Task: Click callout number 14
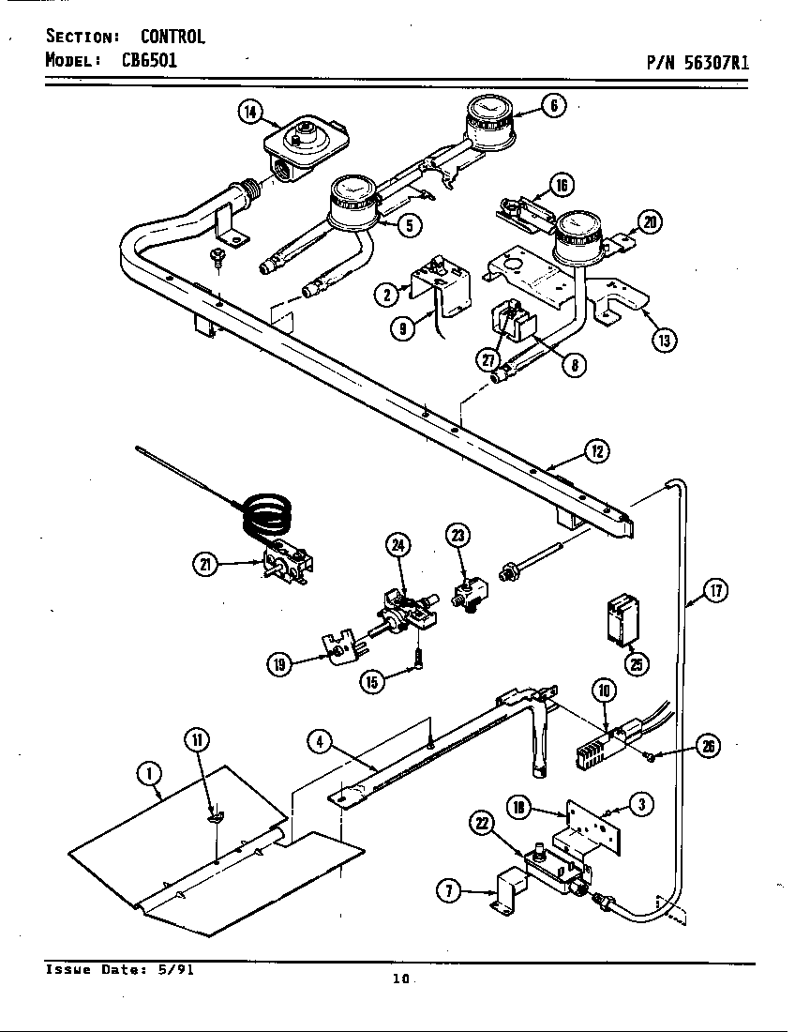pos(249,113)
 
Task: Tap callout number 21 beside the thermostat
pos(205,563)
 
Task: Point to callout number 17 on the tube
pos(716,592)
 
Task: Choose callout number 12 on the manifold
pos(597,451)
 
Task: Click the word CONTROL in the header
pos(172,38)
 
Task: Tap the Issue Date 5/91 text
pos(120,970)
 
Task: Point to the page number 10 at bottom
pos(401,979)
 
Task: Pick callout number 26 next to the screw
pos(711,747)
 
